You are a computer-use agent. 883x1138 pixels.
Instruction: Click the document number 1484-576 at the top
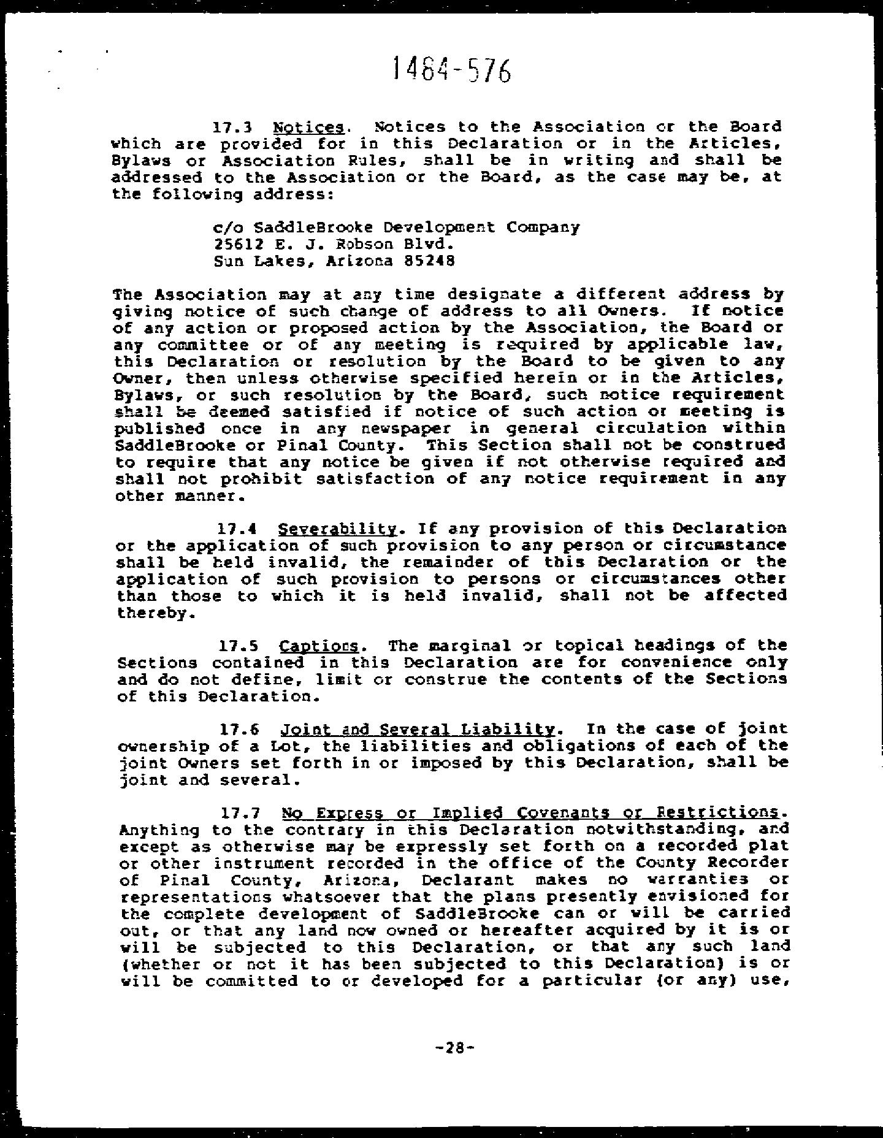(451, 69)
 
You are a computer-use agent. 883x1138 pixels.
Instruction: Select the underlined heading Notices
(308, 128)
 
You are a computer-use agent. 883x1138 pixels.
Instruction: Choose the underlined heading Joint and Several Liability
(418, 730)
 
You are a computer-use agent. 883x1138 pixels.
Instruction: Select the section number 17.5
(239, 646)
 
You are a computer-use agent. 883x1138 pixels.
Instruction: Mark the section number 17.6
(239, 730)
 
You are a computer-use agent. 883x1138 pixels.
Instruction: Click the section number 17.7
(240, 814)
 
